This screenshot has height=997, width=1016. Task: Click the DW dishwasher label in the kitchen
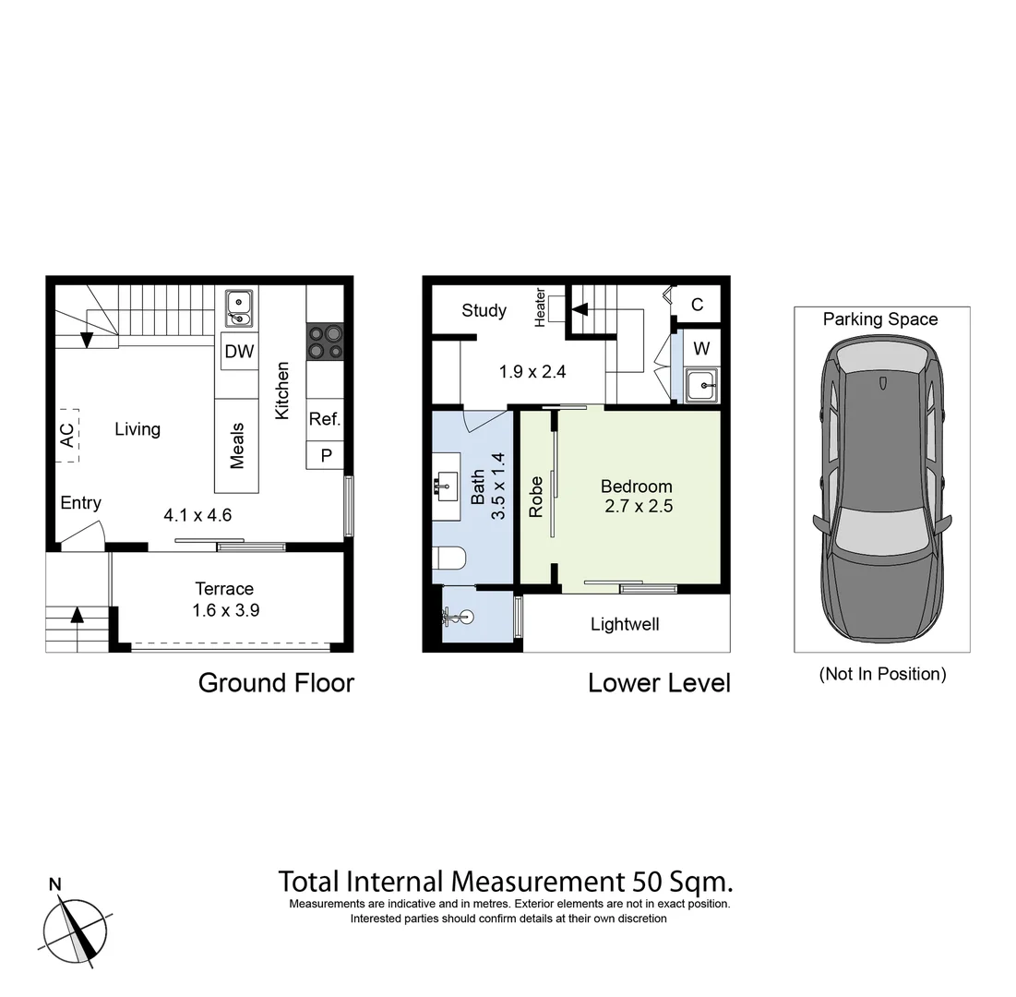click(239, 352)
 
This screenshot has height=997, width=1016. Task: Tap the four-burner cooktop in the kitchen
click(325, 342)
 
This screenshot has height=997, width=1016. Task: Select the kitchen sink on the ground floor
click(239, 307)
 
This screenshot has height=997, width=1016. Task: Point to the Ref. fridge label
click(325, 419)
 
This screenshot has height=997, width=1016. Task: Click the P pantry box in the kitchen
click(325, 455)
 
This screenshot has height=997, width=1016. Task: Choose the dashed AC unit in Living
click(66, 436)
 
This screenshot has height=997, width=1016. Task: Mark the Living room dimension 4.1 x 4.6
click(197, 515)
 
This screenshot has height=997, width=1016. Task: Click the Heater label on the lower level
click(541, 306)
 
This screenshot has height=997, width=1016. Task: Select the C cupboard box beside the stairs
click(697, 305)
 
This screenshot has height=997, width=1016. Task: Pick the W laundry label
click(701, 348)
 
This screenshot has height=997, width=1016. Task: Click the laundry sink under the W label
click(701, 384)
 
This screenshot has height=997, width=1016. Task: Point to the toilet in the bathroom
click(451, 559)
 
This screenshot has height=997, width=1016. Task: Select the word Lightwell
click(625, 625)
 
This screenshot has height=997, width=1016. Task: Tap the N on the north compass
click(55, 884)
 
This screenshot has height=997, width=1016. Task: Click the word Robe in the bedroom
click(536, 496)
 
